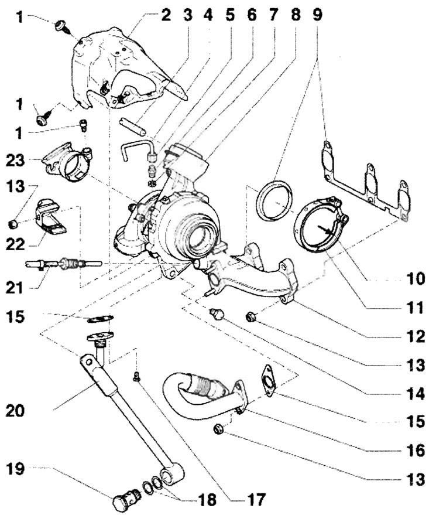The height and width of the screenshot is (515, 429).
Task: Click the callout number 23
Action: point(15,161)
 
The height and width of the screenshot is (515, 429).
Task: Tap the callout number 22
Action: point(15,244)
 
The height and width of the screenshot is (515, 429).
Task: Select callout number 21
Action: point(15,288)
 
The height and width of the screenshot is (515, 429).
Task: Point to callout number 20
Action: point(15,411)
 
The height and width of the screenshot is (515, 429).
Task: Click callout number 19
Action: point(15,469)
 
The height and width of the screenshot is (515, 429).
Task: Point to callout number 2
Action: point(166,15)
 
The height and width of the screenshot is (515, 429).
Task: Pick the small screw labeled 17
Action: point(137,377)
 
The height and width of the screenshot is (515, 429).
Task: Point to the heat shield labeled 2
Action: point(129,67)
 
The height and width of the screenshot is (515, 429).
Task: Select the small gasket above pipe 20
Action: point(101,318)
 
